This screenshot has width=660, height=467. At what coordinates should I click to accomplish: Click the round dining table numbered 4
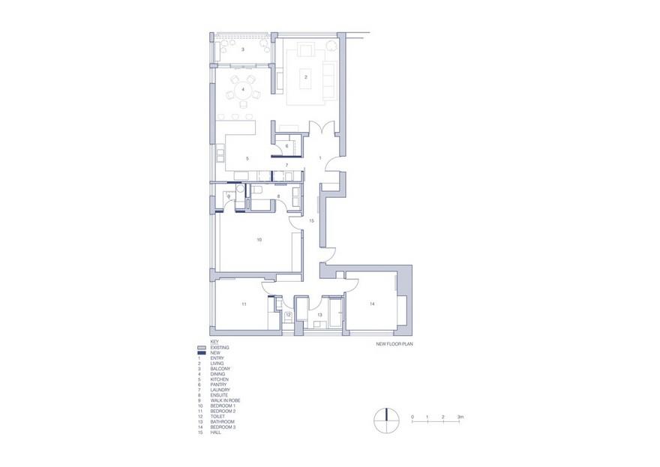pos(242,94)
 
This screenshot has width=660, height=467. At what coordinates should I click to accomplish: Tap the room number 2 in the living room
pos(305,76)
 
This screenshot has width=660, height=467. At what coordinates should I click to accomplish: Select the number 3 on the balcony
pos(243,49)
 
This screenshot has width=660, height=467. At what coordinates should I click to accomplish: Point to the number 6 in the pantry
pos(286,145)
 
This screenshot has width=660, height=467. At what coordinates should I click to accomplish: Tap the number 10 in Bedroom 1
pos(259,240)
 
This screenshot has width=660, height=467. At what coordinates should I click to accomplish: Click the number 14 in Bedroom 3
pos(371,304)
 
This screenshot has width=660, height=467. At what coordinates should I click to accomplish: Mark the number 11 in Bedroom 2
pos(244,305)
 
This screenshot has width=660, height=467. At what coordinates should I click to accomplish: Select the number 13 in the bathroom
pos(319,316)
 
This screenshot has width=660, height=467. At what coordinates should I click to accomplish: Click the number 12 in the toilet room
pos(287,316)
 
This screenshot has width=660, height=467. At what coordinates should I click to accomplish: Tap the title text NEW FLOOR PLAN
pos(395,346)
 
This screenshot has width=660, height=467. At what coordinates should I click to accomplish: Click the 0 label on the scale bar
pos(412,415)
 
